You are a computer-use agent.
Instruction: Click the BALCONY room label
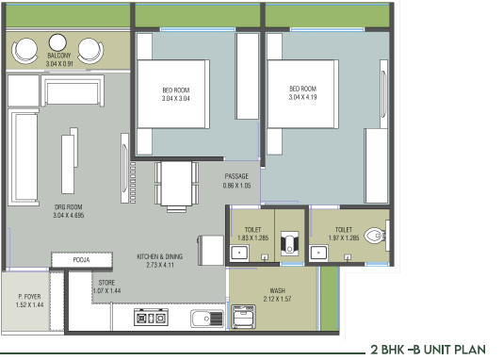coord(59,56)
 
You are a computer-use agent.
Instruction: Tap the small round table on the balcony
coord(57,42)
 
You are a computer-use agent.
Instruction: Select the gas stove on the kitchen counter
coord(151,318)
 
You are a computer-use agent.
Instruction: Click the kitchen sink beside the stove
coord(207,319)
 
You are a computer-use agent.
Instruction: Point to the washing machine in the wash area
coord(243,317)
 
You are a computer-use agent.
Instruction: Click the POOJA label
coord(81,259)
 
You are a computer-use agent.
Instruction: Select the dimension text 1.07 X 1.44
coord(106,291)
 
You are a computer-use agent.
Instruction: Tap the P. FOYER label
coord(29,297)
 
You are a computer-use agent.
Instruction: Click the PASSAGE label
coord(236,176)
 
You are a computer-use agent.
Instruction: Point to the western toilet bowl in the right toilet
coord(375,236)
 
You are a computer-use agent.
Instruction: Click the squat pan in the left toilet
coord(290,243)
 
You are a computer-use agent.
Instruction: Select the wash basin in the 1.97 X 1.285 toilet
coord(318,253)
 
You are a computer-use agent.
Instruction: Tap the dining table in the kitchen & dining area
coord(176,184)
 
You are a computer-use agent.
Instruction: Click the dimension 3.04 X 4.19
coord(302,97)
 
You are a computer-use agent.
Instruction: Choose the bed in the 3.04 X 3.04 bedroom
coord(173,94)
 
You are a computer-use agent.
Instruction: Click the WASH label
coord(277,290)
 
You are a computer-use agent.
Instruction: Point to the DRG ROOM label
coord(69,207)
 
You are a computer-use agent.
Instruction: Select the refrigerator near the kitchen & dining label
coord(211,251)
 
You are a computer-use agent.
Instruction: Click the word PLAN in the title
coord(471,350)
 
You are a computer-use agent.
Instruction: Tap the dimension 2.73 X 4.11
coord(160,265)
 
